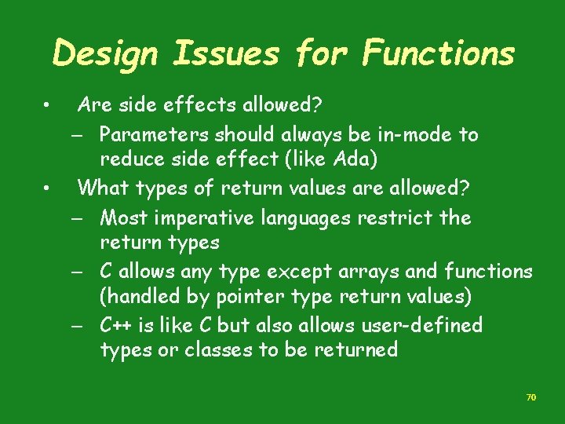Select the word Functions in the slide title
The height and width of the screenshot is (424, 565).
(438, 54)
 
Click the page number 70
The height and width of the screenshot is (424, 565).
(530, 398)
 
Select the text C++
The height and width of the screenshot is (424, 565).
(117, 325)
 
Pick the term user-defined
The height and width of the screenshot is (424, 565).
(428, 325)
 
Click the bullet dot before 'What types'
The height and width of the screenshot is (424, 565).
(48, 188)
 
